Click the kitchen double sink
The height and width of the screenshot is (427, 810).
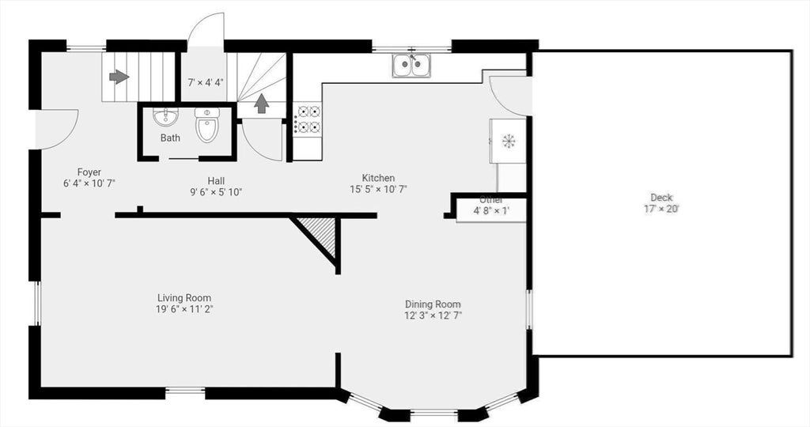tap(411, 66)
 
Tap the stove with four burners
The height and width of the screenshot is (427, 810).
tap(308, 119)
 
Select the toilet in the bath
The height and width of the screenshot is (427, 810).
tap(207, 125)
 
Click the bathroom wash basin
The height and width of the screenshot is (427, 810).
tap(165, 117)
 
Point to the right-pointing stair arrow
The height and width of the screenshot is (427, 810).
tap(119, 77)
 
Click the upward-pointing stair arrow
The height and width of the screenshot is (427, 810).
tap(262, 104)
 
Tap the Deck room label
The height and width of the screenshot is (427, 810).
tap(661, 197)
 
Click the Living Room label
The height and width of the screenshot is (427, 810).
tap(184, 298)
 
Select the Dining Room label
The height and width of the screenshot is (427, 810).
tap(433, 304)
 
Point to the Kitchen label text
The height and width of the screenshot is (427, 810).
tap(378, 178)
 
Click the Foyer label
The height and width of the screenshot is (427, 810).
tap(89, 172)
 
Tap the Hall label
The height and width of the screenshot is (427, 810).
tap(216, 181)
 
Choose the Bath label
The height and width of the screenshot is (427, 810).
tap(170, 138)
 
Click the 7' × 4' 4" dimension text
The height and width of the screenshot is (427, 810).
tap(206, 81)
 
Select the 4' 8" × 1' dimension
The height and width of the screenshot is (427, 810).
tap(492, 210)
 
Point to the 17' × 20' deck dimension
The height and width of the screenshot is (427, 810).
tap(661, 209)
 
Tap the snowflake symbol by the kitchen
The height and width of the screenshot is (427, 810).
tap(509, 141)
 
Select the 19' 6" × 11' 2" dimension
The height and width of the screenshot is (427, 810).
tap(185, 309)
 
